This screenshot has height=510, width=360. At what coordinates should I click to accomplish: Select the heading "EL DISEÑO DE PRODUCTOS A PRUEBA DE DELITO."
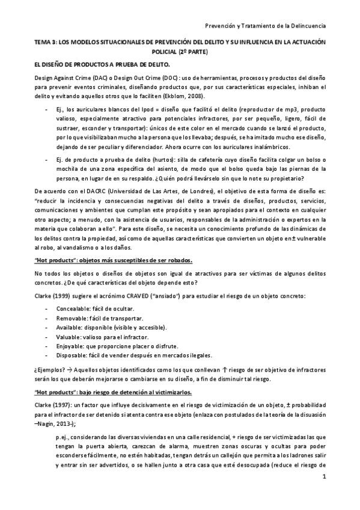pyautogui.click(x=103, y=64)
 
